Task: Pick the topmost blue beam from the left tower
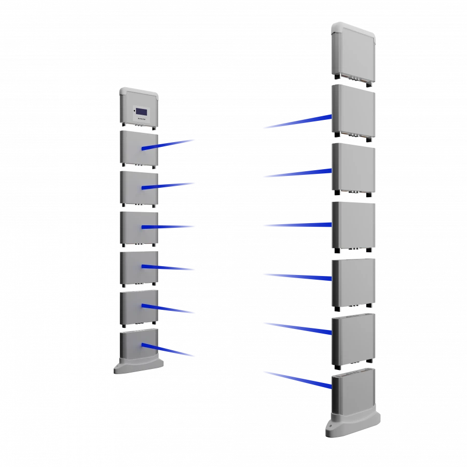(169, 144)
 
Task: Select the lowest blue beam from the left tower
(169, 351)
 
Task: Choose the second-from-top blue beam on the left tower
(169, 185)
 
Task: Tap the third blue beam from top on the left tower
(169, 227)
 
